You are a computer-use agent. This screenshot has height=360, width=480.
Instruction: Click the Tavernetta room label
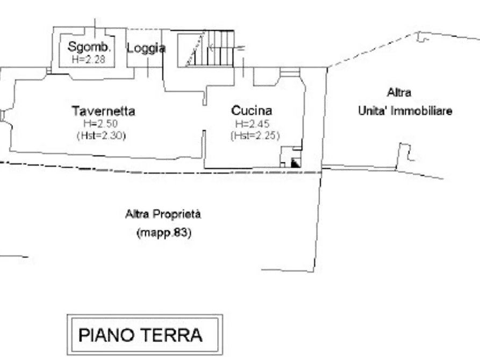[103, 111]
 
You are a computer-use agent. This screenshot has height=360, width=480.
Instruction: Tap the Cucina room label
[252, 111]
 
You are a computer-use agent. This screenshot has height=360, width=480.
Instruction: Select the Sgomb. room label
[89, 47]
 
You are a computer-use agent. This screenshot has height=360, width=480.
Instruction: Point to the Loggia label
[146, 48]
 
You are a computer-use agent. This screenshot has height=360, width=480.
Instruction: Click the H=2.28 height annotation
[89, 59]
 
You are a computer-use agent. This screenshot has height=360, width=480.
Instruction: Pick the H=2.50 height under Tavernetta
[101, 124]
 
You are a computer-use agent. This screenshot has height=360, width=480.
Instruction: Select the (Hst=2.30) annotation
[102, 135]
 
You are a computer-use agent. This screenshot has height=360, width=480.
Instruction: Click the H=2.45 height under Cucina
[252, 124]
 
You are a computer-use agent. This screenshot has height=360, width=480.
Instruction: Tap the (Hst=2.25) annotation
[255, 135]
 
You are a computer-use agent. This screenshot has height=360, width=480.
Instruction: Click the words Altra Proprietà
[163, 214]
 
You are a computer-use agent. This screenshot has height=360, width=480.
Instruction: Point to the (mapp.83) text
[164, 233]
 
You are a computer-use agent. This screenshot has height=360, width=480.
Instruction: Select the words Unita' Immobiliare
[405, 111]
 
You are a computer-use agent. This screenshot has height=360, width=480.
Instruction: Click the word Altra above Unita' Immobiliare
[399, 92]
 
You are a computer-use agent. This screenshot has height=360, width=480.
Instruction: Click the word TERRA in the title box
[173, 335]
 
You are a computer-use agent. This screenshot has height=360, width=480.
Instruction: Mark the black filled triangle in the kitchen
[295, 163]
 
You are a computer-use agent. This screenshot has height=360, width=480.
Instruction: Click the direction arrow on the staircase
[226, 48]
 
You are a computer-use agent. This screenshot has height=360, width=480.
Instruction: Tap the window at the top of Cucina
[290, 72]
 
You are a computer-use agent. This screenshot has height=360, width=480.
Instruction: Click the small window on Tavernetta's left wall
[3, 116]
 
